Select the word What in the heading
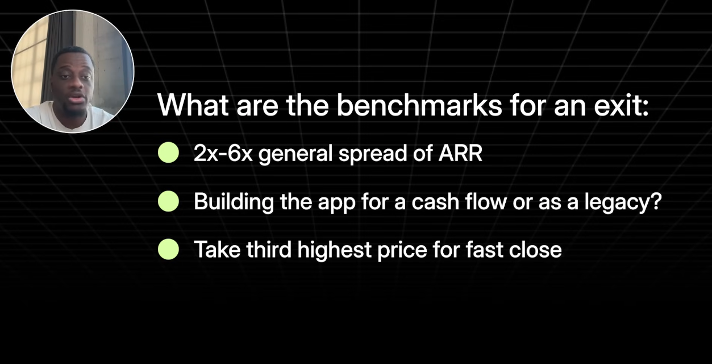point(193,105)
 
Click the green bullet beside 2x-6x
point(168,153)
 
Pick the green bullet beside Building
point(168,201)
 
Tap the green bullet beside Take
point(168,249)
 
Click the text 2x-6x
point(223,154)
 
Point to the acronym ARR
point(460,154)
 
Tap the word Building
point(234,202)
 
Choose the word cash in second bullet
point(435,202)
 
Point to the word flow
point(486,202)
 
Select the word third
point(269,250)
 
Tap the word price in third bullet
point(402,251)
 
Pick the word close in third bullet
point(535,250)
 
